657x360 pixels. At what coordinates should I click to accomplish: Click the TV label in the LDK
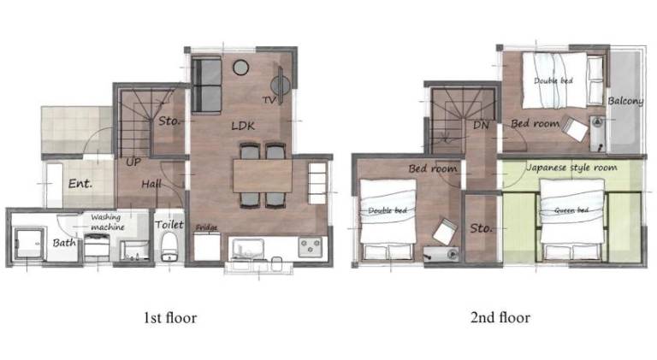269,100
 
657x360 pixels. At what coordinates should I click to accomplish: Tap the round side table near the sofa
241,68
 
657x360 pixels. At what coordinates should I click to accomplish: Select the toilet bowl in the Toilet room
169,247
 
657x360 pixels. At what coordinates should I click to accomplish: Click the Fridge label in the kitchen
206,227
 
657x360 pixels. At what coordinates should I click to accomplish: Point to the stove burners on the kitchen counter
311,246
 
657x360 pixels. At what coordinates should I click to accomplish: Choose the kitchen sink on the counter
247,250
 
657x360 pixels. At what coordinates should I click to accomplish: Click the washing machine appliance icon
98,247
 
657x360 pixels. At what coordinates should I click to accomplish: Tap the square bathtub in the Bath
29,244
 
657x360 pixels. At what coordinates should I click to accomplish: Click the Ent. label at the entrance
80,183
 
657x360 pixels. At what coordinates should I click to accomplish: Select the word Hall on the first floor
151,184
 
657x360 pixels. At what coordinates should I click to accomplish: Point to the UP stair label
133,162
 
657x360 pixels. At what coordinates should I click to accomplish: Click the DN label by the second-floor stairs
481,125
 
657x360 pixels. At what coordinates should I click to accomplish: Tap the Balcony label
625,101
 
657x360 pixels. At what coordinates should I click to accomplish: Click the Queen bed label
571,210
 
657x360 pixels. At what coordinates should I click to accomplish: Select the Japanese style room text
571,168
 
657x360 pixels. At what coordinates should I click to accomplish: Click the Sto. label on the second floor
481,228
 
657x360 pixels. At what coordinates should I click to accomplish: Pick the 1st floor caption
170,318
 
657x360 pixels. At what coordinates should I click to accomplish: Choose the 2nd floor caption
500,317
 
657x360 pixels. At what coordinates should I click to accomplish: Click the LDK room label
243,126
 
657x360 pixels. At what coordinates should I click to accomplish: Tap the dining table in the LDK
263,176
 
